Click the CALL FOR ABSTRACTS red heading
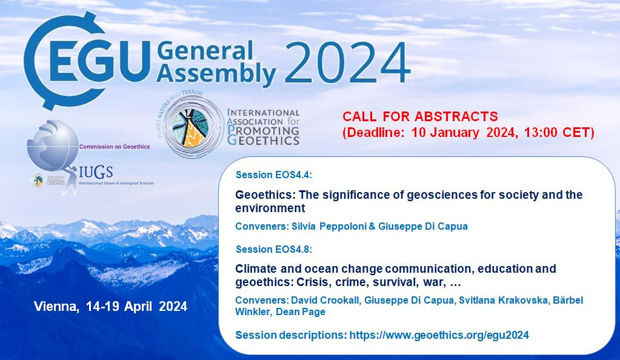[x=420, y=116]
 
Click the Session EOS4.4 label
[x=273, y=175]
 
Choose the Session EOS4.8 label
[x=273, y=249]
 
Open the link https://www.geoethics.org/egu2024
[x=439, y=335]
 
